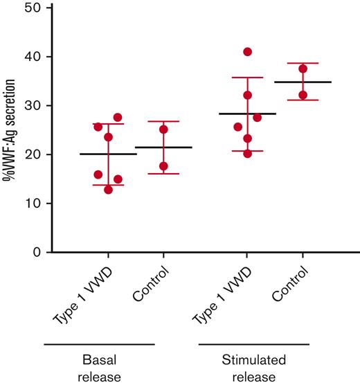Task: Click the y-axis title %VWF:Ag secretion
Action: click(9, 130)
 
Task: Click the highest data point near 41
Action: click(247, 52)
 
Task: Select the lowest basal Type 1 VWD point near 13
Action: click(108, 190)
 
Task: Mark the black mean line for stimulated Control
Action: click(303, 82)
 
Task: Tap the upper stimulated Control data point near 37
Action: click(303, 69)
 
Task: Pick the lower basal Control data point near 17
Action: click(163, 166)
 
